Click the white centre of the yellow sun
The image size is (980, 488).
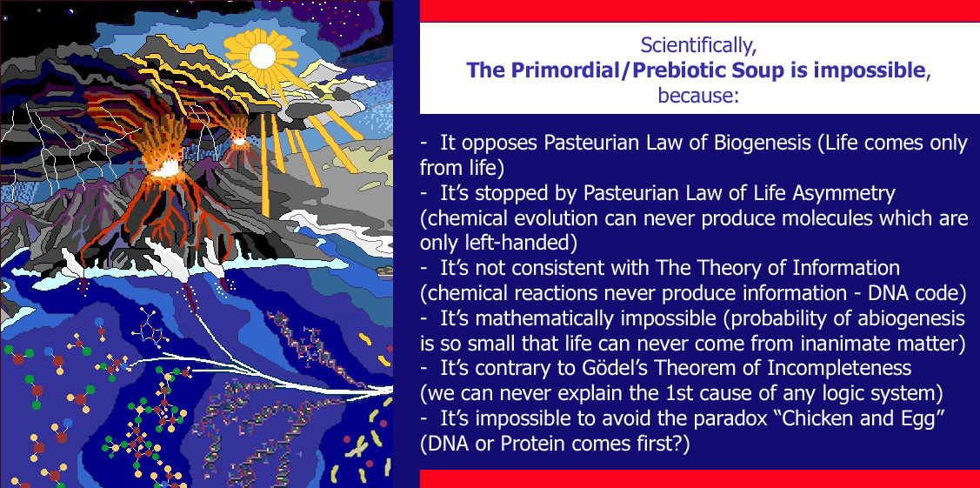263,56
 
